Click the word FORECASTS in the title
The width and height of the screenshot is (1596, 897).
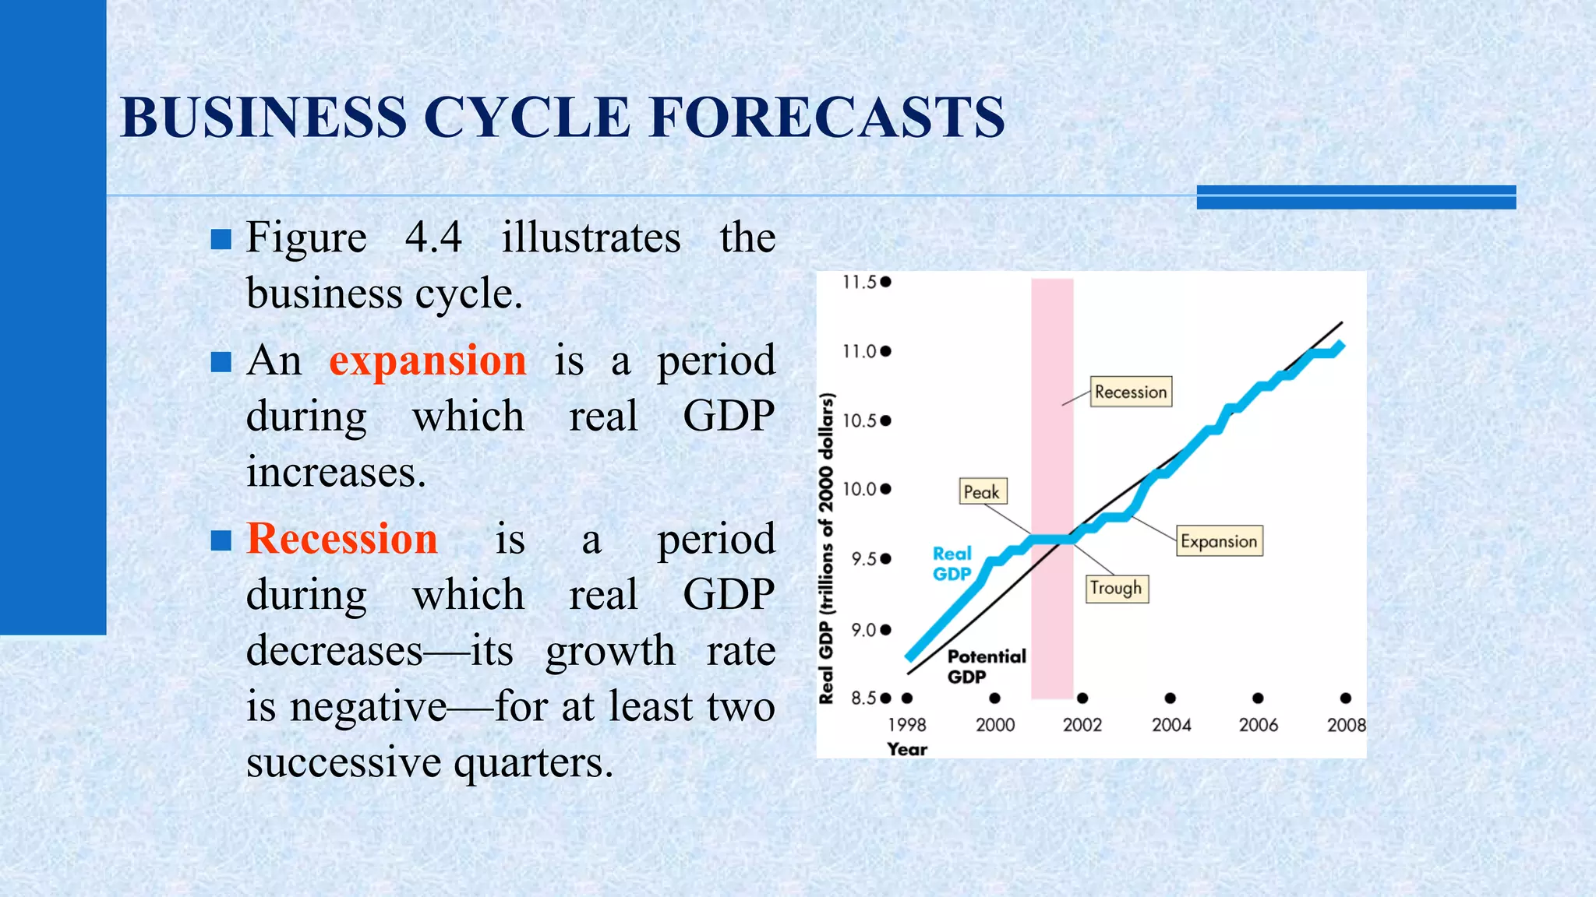(827, 118)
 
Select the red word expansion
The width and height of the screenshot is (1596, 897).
(427, 361)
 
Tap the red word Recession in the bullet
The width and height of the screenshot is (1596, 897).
(342, 539)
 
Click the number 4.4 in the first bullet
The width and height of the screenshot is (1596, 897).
(433, 237)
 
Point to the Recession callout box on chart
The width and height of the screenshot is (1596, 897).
(1131, 392)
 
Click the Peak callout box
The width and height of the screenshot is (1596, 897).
(982, 492)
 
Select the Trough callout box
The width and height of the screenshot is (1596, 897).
(1116, 588)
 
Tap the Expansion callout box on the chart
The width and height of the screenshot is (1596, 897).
(1219, 541)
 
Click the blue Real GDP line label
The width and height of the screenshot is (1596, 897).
(952, 564)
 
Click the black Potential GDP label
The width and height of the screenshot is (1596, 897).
(986, 667)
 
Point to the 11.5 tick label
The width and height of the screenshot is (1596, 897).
(860, 282)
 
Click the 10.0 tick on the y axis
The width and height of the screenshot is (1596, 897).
(860, 489)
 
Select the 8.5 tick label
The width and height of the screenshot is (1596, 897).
(863, 698)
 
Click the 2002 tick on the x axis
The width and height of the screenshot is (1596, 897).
(1082, 725)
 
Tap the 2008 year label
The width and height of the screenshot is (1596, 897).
(1346, 725)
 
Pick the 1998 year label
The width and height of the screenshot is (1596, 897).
(907, 725)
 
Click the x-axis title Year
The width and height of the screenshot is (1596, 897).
(907, 749)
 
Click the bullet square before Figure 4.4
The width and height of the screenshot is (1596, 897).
(221, 238)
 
